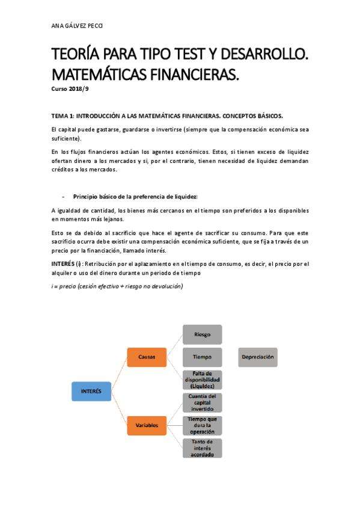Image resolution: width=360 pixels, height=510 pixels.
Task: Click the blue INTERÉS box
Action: [x=91, y=392]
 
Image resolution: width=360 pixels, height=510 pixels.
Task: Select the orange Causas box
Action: [x=147, y=357]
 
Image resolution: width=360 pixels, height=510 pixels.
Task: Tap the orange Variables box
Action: [x=147, y=425]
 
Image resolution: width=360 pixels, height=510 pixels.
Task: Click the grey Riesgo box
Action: [x=202, y=334]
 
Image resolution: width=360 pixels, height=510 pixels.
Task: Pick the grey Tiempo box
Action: [x=202, y=357]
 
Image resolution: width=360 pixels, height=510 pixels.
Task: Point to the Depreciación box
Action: [x=258, y=357]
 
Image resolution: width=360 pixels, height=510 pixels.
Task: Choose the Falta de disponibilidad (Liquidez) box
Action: [x=202, y=380]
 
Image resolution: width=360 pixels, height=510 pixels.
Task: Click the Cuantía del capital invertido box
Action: [x=202, y=402]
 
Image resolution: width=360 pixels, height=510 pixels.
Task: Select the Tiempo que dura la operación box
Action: [x=202, y=425]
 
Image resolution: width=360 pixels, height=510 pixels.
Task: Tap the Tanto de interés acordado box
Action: [x=202, y=448]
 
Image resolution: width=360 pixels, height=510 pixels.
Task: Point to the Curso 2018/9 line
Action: [x=70, y=89]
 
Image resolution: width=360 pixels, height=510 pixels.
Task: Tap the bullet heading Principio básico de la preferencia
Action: [x=135, y=197]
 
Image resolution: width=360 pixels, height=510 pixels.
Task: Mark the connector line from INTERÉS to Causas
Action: [x=118, y=374]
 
